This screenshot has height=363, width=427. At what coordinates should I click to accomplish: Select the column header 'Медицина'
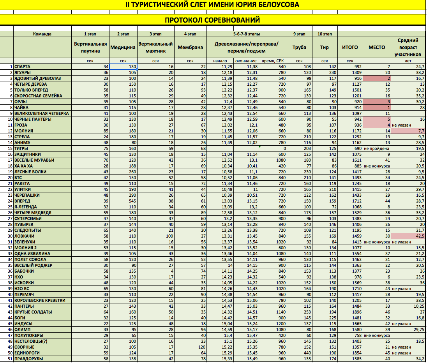tap(123, 47)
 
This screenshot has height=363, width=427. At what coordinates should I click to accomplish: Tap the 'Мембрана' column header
tap(190, 47)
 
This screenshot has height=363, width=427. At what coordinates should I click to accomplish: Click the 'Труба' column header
tap(299, 47)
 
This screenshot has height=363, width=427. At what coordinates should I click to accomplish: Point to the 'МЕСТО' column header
tap(376, 47)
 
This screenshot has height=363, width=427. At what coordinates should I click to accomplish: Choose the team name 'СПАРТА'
tap(22, 67)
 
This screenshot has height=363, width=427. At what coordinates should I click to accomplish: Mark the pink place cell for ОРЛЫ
tap(376, 102)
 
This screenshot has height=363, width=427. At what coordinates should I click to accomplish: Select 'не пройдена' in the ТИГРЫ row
tap(376, 148)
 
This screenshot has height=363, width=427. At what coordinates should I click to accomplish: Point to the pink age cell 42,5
tap(409, 236)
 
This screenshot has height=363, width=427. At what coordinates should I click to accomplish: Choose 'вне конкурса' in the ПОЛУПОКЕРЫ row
tap(376, 335)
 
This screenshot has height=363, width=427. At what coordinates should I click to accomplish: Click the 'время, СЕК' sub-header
tap(272, 61)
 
